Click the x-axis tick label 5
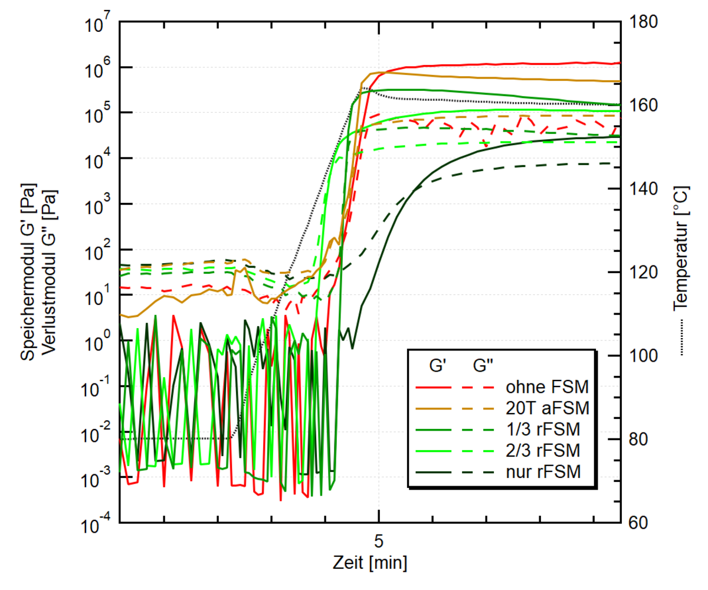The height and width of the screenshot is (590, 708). coord(378,540)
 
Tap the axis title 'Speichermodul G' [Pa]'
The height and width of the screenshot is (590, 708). coord(28,272)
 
